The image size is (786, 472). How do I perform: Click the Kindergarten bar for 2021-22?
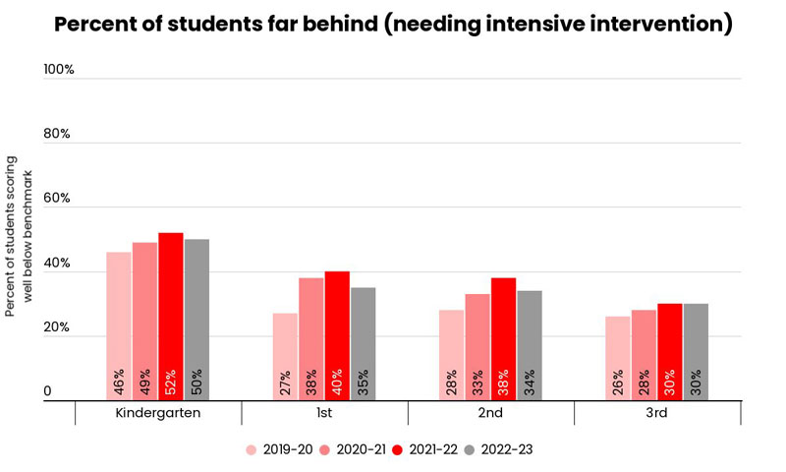(171, 316)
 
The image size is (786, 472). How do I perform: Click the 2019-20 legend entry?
(280, 448)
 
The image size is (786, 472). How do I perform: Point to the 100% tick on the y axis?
(59, 71)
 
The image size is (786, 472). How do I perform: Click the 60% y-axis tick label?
(58, 200)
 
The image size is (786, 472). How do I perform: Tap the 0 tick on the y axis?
(47, 392)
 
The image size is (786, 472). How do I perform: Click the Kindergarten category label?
(158, 413)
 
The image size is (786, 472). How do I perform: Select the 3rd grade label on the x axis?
(656, 413)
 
